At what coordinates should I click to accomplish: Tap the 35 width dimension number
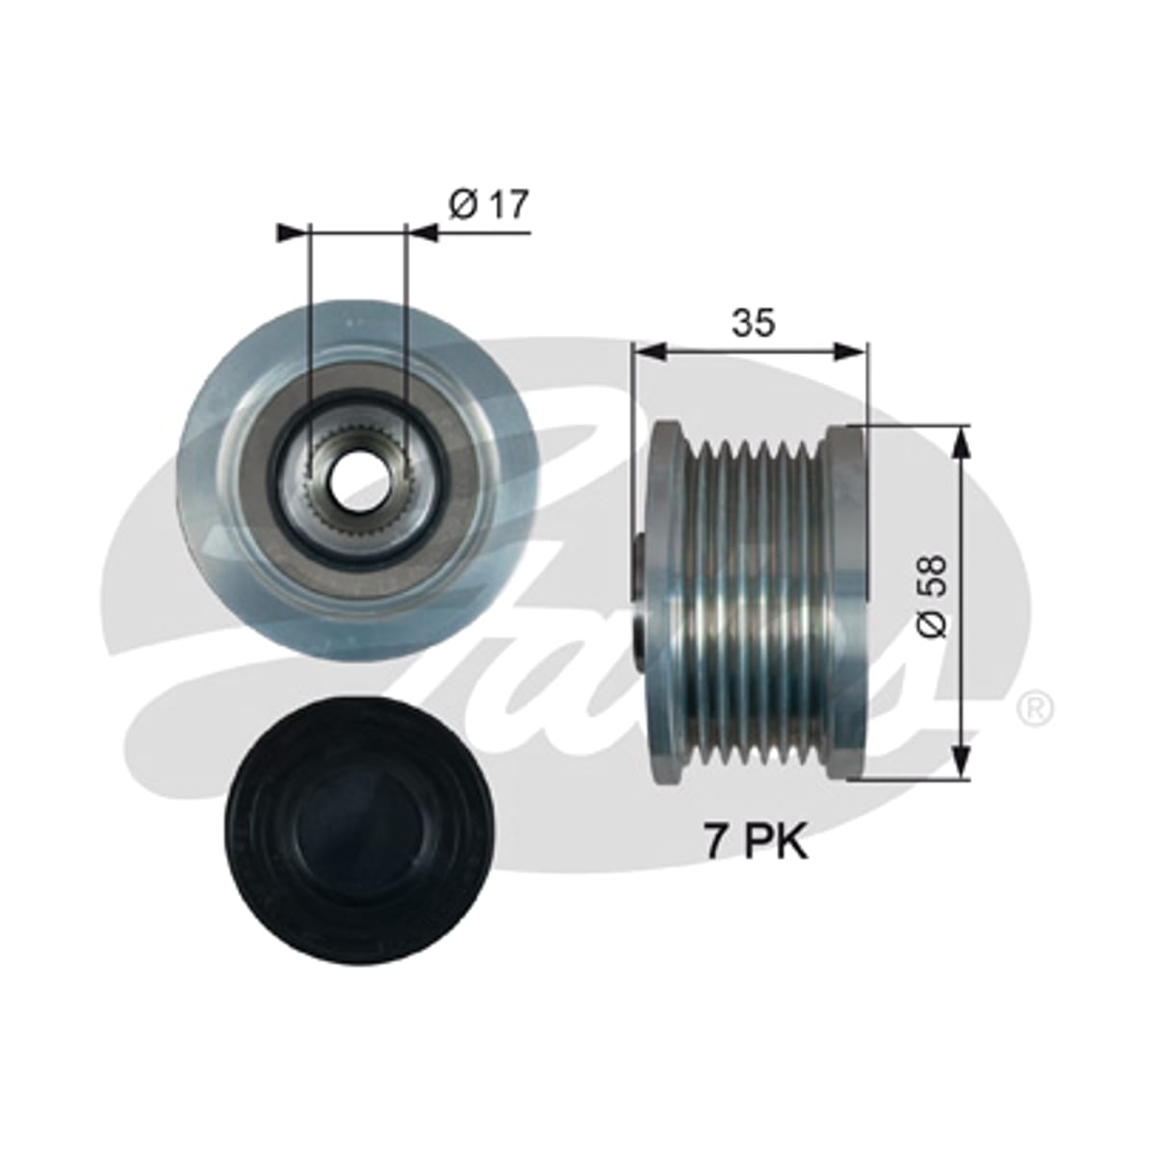[754, 322]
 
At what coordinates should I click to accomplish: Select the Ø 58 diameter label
[933, 597]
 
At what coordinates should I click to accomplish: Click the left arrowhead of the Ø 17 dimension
[294, 233]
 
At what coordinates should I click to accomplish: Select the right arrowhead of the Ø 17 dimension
[422, 233]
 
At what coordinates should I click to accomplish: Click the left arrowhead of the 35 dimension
[651, 352]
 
